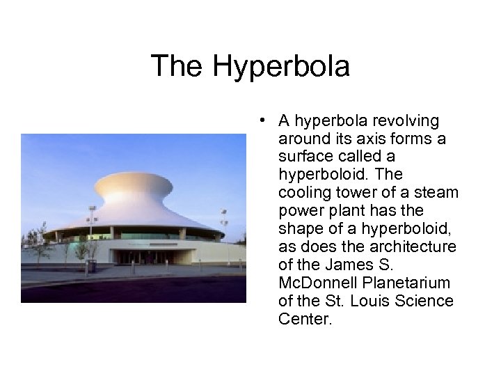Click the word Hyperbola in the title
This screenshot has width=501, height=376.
point(281,67)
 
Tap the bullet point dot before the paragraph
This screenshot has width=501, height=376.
point(258,120)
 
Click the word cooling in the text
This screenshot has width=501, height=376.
point(302,193)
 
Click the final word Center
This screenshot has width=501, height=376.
point(304,320)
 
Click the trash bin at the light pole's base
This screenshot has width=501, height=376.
point(90,266)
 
